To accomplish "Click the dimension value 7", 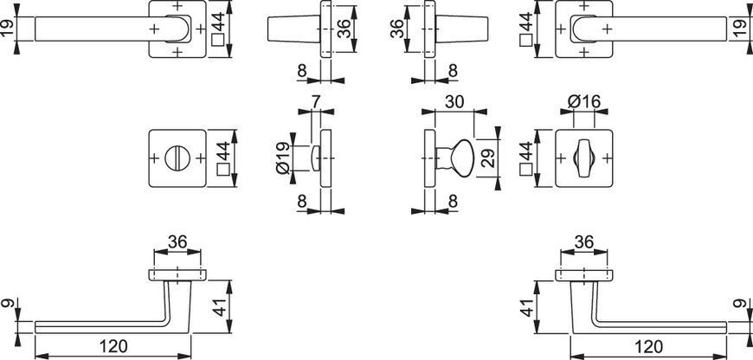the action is tap(317, 102).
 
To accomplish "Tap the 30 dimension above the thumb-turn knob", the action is tap(454, 102).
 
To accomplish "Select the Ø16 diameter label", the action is tap(584, 102).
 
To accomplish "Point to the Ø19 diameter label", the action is tap(283, 157).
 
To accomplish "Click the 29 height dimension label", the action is tap(488, 157).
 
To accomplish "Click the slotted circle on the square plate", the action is tap(177, 157).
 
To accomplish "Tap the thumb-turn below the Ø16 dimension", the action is tap(583, 157).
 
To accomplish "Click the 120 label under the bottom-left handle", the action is tap(113, 346).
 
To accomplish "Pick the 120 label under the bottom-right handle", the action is tap(648, 346).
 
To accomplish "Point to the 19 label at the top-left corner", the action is tap(8, 29).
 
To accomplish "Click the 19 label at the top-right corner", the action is tap(745, 29).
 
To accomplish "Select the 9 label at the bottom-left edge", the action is tap(8, 304).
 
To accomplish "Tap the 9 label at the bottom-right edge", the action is tap(745, 304).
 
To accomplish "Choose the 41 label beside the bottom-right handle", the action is tap(527, 306).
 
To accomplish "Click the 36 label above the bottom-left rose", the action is tap(177, 242).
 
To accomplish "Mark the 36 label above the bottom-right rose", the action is tap(584, 242).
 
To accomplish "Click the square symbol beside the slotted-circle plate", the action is tap(222, 170).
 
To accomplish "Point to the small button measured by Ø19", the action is tap(316, 157).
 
